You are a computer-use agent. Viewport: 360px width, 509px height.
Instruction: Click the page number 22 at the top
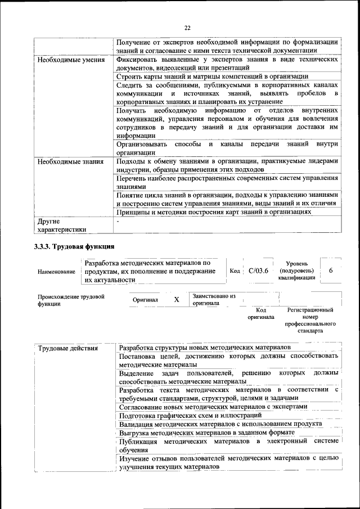187,28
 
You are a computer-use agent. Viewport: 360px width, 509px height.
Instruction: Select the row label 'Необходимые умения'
68,60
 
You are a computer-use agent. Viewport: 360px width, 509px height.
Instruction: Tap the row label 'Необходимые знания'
68,162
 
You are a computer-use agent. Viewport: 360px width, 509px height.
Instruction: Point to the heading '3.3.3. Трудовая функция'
74,246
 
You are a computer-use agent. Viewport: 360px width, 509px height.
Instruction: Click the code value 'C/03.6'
259,271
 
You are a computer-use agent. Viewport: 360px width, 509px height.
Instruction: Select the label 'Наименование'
56,272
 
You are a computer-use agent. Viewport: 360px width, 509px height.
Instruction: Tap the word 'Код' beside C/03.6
235,271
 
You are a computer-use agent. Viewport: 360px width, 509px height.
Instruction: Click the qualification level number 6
331,271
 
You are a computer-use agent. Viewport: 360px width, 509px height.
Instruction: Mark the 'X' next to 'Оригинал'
176,300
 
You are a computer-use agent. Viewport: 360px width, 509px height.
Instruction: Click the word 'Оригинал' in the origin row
145,300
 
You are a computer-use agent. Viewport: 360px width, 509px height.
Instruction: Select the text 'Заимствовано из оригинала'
214,299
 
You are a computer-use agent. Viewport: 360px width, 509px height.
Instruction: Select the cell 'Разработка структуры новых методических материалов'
205,348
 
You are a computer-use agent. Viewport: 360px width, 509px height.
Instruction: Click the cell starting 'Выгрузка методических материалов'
207,433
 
